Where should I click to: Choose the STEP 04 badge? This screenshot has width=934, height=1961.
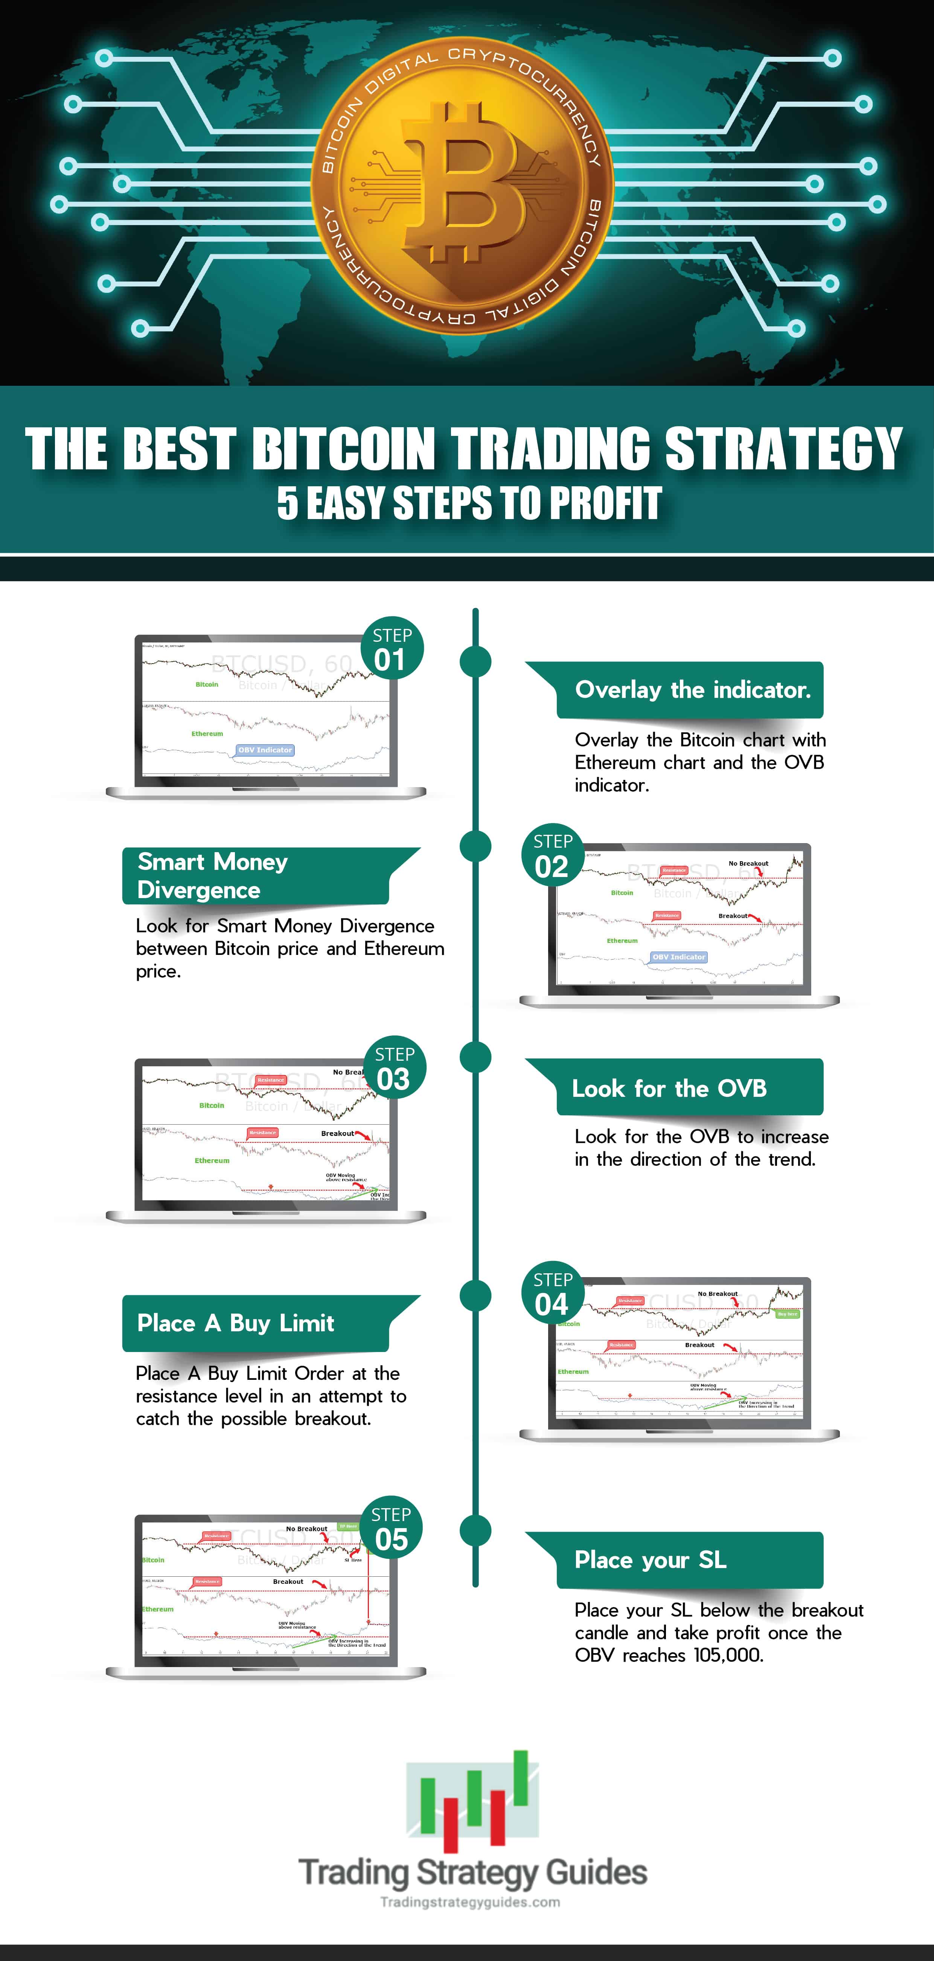553,1294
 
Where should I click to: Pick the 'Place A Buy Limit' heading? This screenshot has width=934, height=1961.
236,1323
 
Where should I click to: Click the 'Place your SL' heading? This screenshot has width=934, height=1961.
651,1560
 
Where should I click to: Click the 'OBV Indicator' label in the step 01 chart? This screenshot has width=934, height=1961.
265,750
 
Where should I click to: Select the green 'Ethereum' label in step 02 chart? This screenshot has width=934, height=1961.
622,941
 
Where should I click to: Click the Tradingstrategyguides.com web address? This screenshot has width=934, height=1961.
470,1902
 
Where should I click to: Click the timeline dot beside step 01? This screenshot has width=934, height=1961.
476,662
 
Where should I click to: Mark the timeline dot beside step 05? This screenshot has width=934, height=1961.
476,1531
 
